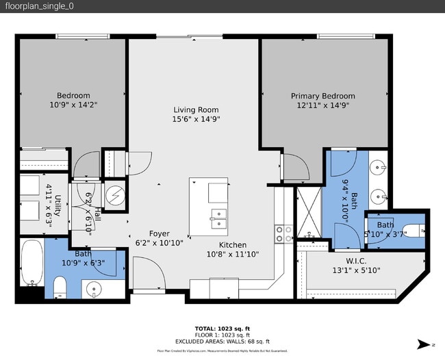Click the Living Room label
point(196,110)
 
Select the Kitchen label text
point(233,245)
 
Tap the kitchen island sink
point(218,218)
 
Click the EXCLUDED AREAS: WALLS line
point(222,341)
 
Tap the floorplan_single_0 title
point(40,6)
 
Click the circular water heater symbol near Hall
point(114,194)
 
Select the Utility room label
point(58,198)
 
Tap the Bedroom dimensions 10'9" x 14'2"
point(73,105)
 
